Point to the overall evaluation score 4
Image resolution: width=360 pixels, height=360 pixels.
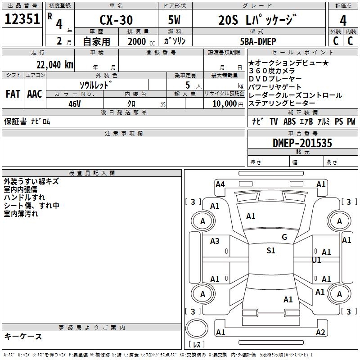tap(343, 21)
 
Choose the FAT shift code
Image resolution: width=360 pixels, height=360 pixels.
tap(13, 94)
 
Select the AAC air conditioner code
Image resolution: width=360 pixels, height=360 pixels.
tap(35, 94)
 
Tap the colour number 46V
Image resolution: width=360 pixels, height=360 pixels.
tap(75, 103)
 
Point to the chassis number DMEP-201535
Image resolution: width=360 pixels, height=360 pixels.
tap(302, 144)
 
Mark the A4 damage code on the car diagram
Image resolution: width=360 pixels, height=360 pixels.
tap(220, 184)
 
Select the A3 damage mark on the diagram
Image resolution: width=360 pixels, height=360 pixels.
tap(215, 241)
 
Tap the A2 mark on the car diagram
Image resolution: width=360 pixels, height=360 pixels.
tap(320, 333)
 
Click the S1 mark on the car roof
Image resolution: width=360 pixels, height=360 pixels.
tap(270, 251)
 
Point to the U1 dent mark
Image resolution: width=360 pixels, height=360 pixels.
tap(316, 260)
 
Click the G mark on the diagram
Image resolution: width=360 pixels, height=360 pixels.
tap(284, 237)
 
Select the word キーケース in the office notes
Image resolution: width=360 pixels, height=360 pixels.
tap(23, 337)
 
